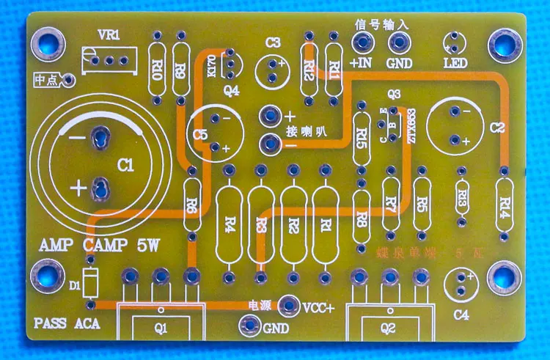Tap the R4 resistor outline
230,221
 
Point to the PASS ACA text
66,323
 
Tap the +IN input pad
362,43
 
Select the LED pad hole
453,41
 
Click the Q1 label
160,328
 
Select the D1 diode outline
89,283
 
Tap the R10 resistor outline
157,70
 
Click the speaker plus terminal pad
268,115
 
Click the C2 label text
498,128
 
